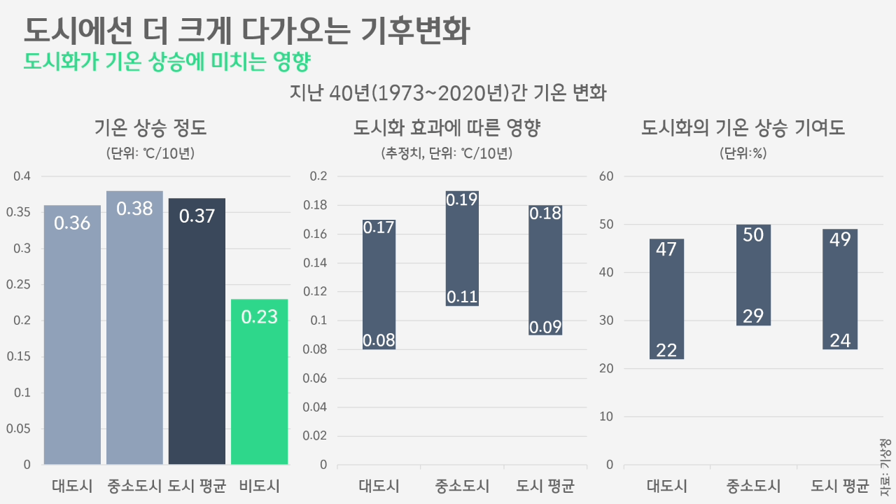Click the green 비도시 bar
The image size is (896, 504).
click(x=259, y=381)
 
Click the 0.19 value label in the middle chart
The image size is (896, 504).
click(x=462, y=199)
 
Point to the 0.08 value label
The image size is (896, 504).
click(x=379, y=341)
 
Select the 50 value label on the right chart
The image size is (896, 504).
click(x=753, y=235)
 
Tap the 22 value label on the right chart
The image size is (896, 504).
click(x=666, y=350)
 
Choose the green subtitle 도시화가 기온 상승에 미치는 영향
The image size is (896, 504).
click(x=167, y=61)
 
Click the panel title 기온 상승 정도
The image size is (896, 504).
click(x=150, y=128)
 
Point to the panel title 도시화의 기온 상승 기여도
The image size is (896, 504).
click(x=743, y=128)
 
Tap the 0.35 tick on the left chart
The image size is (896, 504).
click(x=22, y=213)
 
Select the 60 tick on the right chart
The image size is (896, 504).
click(x=606, y=176)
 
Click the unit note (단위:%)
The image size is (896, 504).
click(x=743, y=153)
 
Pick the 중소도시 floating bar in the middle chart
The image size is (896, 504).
click(x=462, y=248)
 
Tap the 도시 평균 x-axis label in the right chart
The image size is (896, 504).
click(x=840, y=486)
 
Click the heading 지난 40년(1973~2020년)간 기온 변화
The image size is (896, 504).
click(x=448, y=93)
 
